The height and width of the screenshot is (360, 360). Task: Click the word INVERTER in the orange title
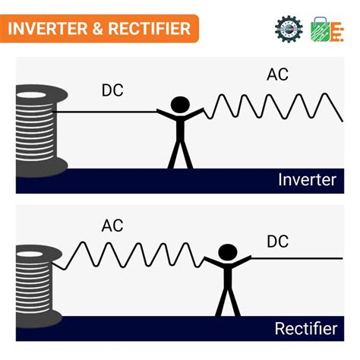click(x=47, y=30)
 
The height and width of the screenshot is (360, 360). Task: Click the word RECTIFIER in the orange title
click(x=148, y=30)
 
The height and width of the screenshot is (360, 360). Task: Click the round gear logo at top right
click(x=289, y=28)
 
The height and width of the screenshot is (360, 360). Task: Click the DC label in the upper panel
click(x=112, y=90)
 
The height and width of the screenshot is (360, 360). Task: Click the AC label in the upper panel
click(x=277, y=74)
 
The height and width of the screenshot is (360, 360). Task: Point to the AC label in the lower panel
click(x=112, y=226)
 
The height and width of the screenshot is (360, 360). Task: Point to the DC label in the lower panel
click(x=277, y=242)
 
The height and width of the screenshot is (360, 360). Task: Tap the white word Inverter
click(x=307, y=180)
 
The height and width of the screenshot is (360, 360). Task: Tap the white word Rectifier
click(x=305, y=329)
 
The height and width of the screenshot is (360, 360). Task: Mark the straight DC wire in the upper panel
click(x=106, y=113)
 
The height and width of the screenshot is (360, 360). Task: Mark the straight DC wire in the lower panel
click(x=296, y=259)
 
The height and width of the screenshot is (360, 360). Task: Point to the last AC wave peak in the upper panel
click(x=327, y=96)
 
